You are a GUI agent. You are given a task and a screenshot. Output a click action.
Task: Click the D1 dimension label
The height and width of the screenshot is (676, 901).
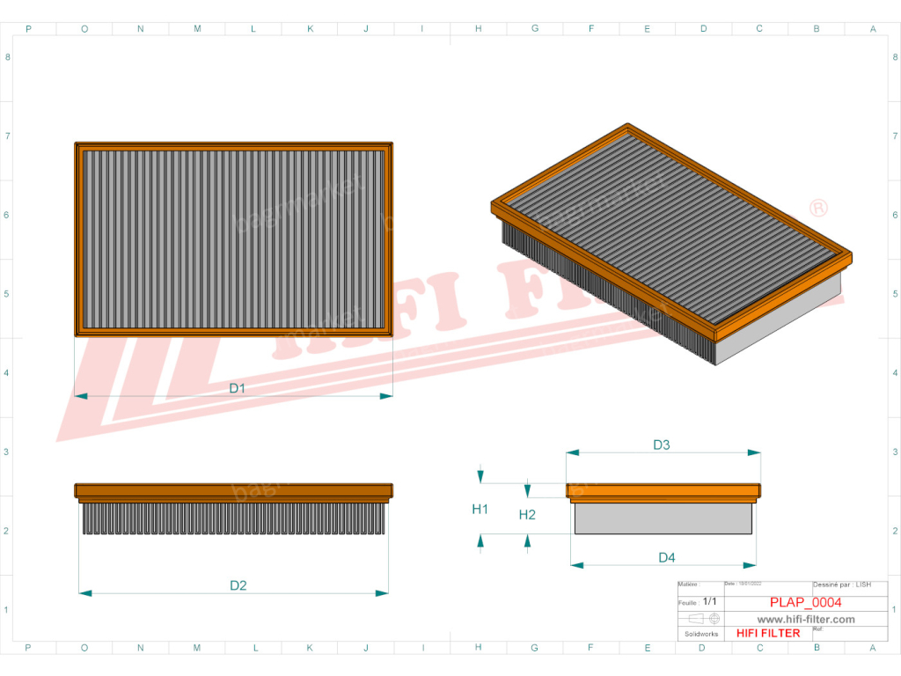point(237,388)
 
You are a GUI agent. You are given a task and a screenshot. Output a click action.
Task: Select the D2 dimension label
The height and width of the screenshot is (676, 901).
point(238,585)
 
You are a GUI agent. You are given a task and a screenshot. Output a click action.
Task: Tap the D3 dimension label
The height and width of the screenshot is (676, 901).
point(662,445)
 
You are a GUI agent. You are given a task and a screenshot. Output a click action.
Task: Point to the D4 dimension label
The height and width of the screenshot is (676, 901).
point(666,557)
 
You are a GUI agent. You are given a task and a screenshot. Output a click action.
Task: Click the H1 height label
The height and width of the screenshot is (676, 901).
point(480,509)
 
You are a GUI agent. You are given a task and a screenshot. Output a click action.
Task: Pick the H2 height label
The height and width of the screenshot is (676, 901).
point(527,515)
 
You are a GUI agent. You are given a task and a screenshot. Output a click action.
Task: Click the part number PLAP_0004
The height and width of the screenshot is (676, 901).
point(805,602)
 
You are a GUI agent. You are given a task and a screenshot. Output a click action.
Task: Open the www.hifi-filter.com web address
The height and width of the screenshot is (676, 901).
point(806,619)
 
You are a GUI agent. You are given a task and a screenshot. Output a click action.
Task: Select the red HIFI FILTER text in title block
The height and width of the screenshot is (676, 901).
point(768,633)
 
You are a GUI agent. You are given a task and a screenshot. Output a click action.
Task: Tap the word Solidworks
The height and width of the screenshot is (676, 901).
point(701,634)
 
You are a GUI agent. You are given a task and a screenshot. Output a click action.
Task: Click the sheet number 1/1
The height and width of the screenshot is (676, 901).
point(710,602)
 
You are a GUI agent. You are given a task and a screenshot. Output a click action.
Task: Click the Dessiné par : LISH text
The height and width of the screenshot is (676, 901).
point(842,584)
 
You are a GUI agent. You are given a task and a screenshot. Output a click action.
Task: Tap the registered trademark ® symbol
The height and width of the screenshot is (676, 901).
point(818,208)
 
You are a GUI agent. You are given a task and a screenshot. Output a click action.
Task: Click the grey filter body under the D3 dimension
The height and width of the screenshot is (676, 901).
point(663,518)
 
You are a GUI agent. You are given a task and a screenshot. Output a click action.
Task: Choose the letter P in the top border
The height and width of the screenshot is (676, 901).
point(28,29)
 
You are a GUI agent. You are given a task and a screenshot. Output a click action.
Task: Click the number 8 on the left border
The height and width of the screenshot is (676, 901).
point(8,58)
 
